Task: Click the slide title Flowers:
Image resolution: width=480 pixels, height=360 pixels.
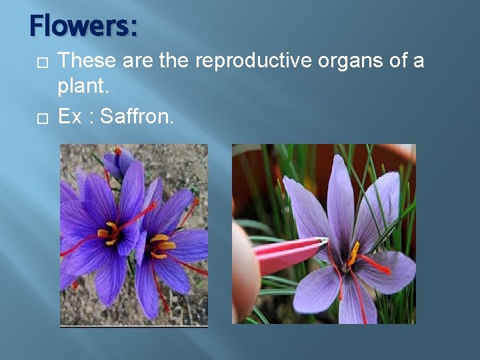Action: pyautogui.click(x=83, y=27)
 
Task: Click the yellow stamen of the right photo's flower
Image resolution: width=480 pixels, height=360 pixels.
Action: pyautogui.click(x=353, y=253)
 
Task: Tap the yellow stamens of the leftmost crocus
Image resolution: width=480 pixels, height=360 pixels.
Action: pyautogui.click(x=109, y=232)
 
